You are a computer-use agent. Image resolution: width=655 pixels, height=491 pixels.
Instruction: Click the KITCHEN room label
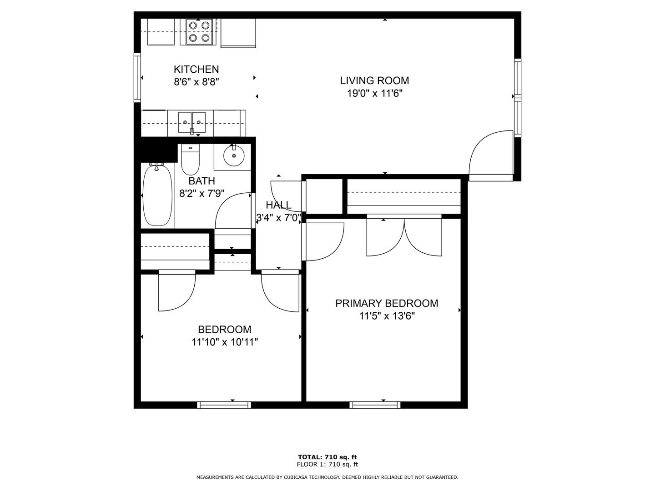pyautogui.click(x=196, y=69)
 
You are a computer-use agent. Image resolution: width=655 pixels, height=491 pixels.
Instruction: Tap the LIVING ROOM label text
pyautogui.click(x=374, y=80)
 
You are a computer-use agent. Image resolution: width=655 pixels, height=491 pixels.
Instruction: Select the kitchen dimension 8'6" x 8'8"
pyautogui.click(x=196, y=82)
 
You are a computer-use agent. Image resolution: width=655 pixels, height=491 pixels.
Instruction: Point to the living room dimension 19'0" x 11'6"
pyautogui.click(x=374, y=93)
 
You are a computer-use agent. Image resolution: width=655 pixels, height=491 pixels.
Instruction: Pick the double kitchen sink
pyautogui.click(x=192, y=123)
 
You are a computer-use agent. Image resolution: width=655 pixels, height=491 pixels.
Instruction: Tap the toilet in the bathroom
pyautogui.click(x=191, y=160)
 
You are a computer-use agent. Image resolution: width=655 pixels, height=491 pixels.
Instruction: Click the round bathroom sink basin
pyautogui.click(x=234, y=155)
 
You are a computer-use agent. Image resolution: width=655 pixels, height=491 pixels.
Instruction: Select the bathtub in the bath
pyautogui.click(x=157, y=195)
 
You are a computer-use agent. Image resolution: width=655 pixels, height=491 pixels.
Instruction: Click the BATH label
pyautogui.click(x=202, y=181)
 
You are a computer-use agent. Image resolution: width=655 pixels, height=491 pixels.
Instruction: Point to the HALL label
pyautogui.click(x=278, y=205)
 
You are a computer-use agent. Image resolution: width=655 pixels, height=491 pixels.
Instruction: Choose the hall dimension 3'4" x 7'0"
pyautogui.click(x=278, y=218)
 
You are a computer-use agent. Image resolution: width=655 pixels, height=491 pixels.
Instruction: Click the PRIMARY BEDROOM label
pyautogui.click(x=387, y=303)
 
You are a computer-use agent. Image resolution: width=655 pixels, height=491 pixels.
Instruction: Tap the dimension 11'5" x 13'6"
pyautogui.click(x=387, y=316)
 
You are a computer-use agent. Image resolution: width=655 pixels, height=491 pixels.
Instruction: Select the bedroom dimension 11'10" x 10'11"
pyautogui.click(x=224, y=342)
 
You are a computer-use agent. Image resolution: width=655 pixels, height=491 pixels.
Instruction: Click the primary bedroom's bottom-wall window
pyautogui.click(x=375, y=405)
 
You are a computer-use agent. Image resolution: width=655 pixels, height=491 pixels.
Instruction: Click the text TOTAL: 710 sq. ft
pyautogui.click(x=327, y=457)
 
